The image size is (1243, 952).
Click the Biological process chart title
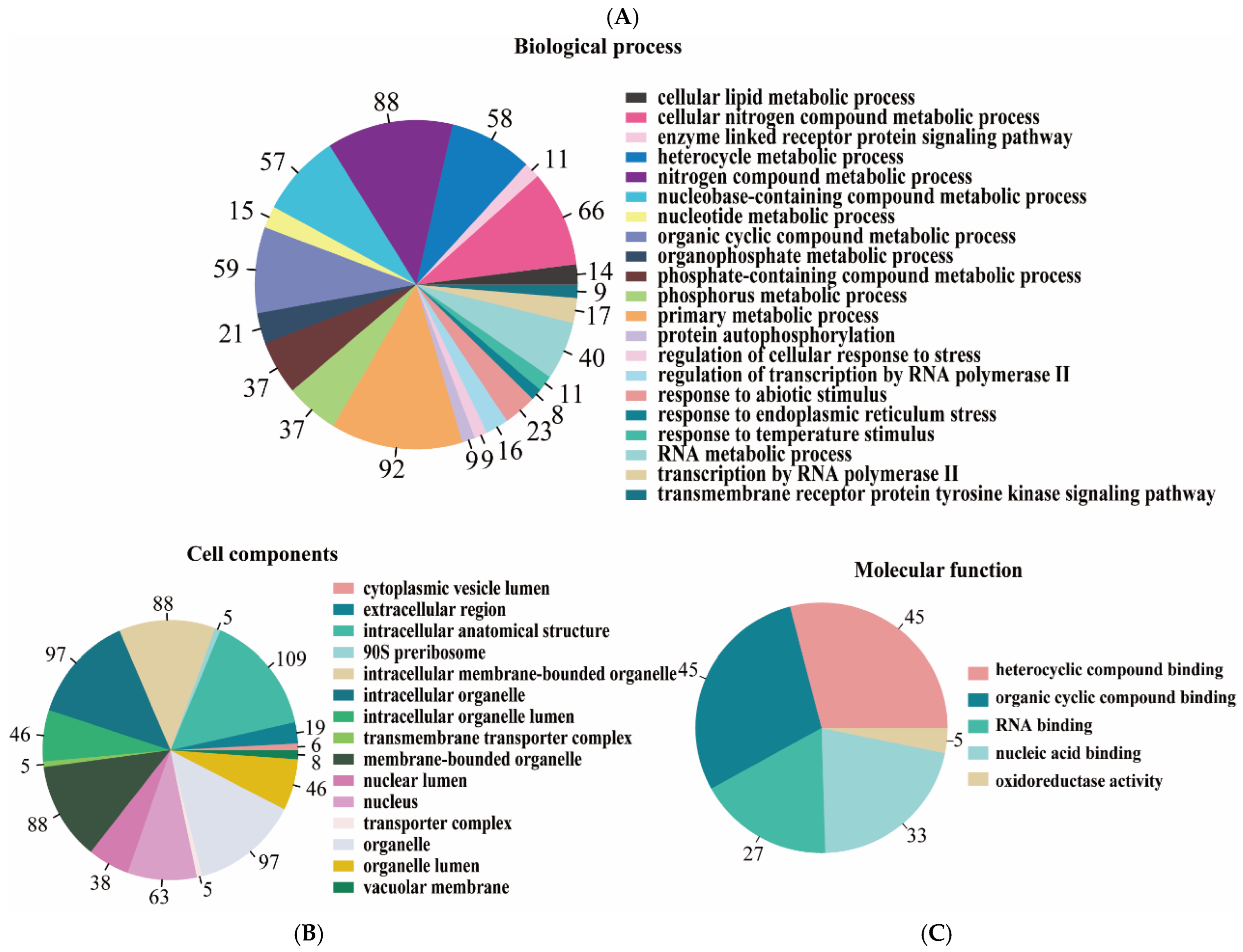(597, 46)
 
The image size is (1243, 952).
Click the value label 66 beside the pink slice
(591, 211)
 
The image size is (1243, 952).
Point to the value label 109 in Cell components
(291, 659)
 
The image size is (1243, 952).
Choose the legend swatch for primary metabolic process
(636, 316)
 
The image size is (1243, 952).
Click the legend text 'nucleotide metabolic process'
(775, 216)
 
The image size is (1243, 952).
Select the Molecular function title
(938, 570)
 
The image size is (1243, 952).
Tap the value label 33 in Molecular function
(916, 835)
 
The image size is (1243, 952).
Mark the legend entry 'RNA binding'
(1043, 726)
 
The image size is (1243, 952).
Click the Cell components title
(262, 554)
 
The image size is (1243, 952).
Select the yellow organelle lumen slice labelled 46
(272, 779)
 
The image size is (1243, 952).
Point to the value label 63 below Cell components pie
(159, 897)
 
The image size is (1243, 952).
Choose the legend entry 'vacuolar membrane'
(435, 887)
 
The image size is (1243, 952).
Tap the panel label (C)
(936, 933)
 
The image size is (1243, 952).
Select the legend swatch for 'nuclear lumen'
(343, 780)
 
